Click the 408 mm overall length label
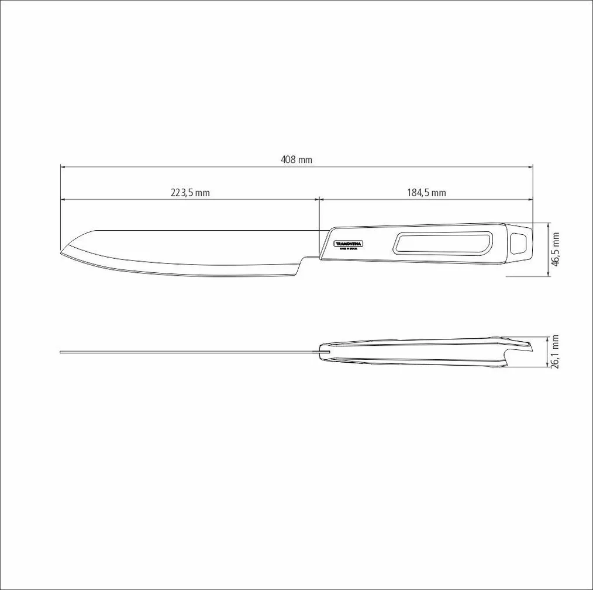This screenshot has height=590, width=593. click(x=297, y=159)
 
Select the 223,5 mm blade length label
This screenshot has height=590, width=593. click(x=190, y=193)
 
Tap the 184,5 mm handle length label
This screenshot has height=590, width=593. click(x=426, y=193)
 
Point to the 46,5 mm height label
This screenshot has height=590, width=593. click(x=556, y=249)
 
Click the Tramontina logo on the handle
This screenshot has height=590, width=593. click(x=349, y=244)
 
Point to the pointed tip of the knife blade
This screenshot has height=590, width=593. click(x=62, y=253)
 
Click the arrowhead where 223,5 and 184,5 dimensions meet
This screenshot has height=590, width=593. click(x=318, y=199)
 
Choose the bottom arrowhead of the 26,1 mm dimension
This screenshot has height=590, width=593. click(x=549, y=366)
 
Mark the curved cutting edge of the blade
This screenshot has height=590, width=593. click(x=175, y=272)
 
